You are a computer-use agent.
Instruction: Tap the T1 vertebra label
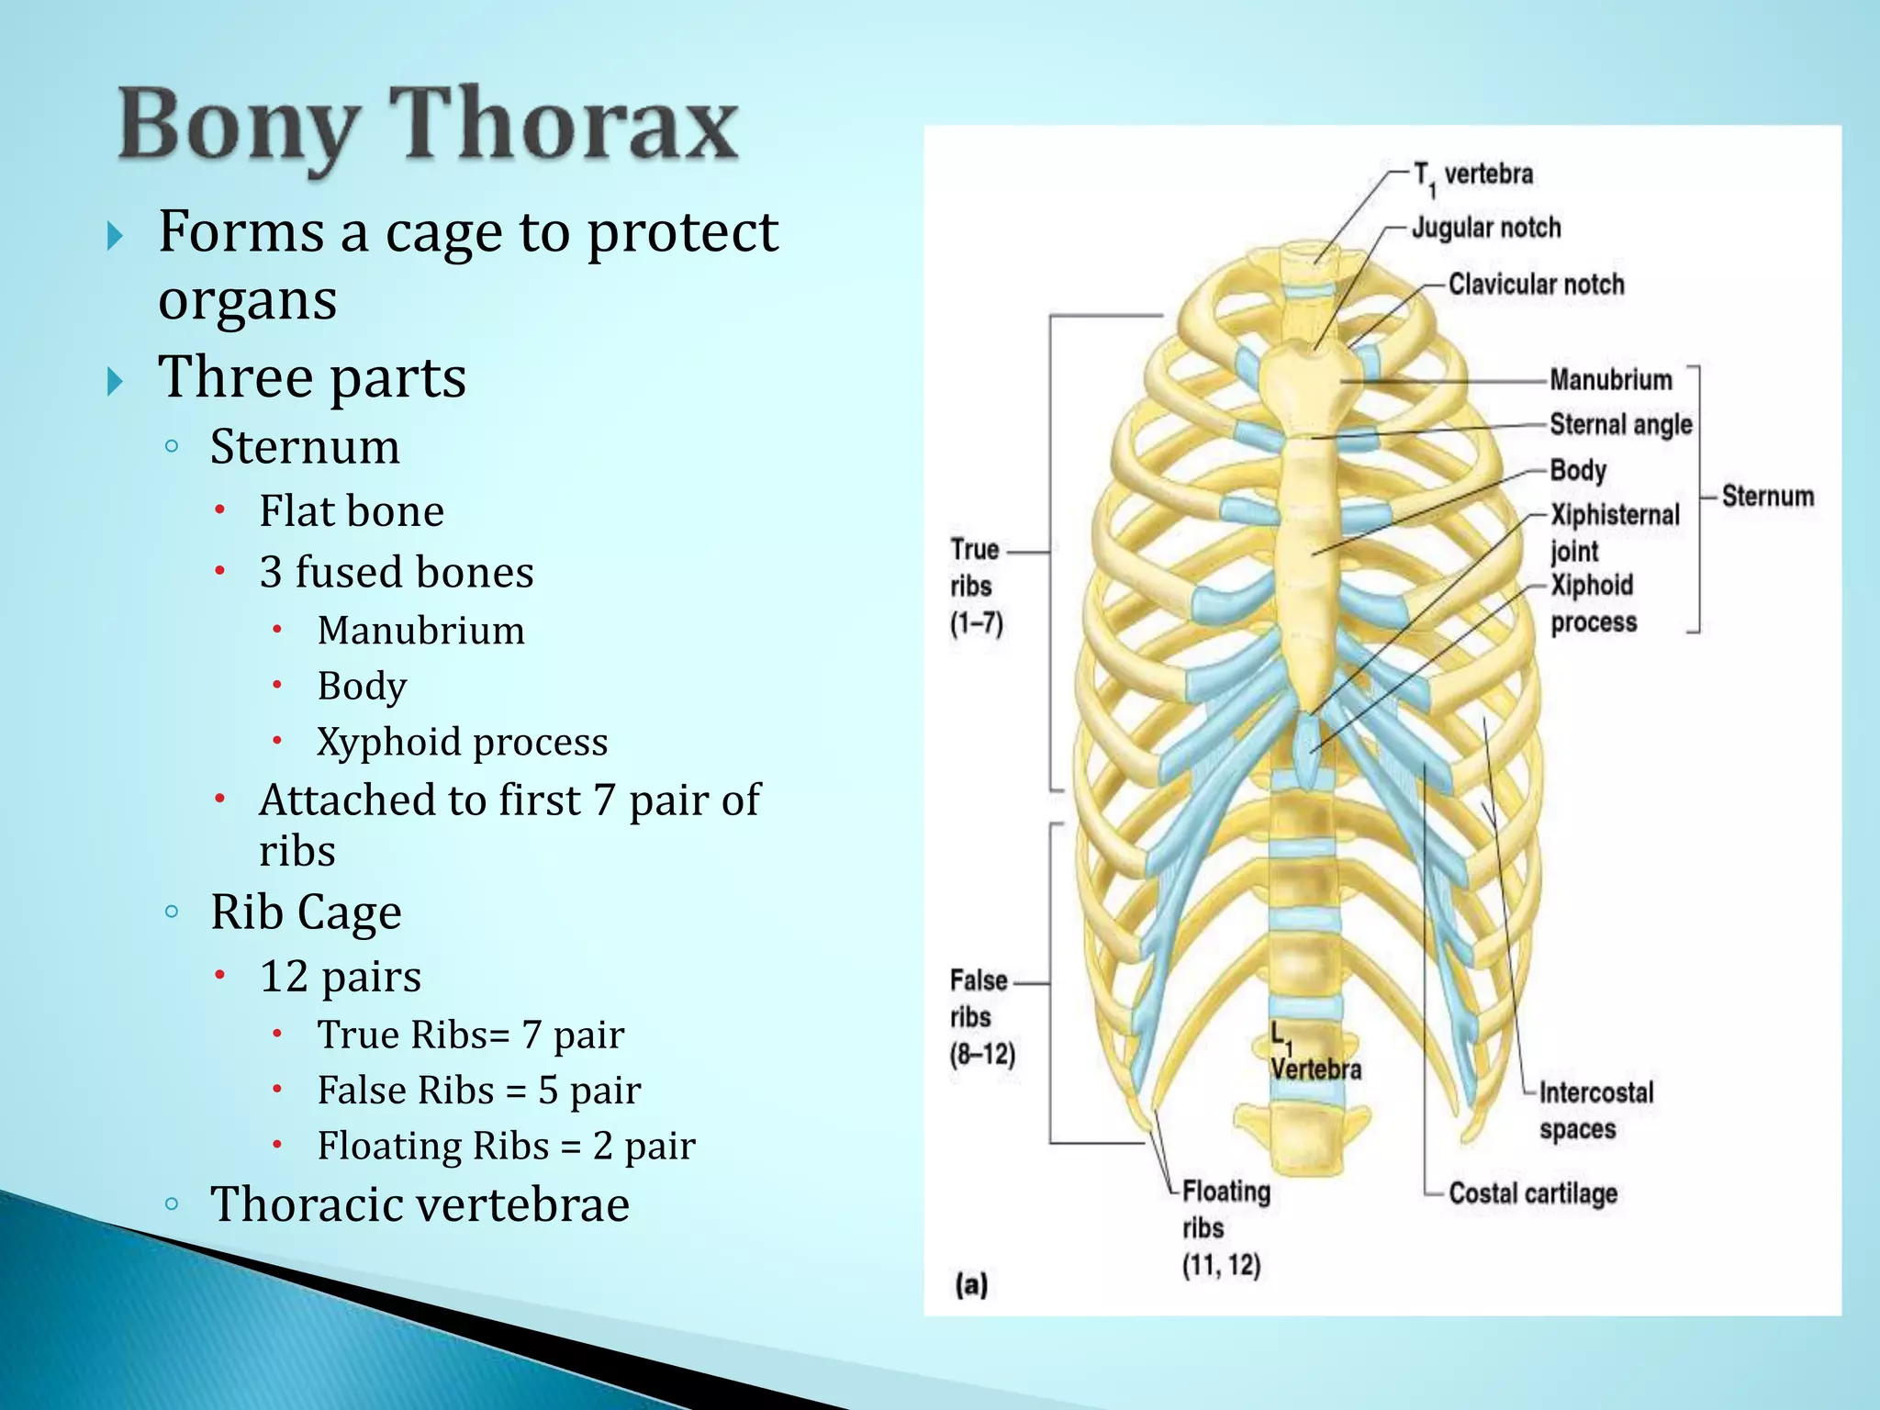(1472, 175)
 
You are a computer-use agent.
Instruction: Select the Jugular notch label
(1485, 228)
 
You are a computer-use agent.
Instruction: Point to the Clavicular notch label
(1536, 285)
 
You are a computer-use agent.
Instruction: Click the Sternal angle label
(1620, 425)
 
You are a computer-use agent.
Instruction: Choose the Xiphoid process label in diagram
(1593, 603)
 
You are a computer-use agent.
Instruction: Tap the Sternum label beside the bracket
(1767, 497)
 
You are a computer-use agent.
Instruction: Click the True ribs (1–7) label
(975, 587)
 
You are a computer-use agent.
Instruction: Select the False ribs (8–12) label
(980, 1017)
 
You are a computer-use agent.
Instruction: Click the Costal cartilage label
(1532, 1193)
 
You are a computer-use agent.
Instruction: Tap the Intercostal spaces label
(1595, 1111)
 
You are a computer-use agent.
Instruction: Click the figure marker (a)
(971, 1284)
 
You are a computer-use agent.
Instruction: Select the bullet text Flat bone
(351, 511)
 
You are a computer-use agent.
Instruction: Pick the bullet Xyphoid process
(462, 742)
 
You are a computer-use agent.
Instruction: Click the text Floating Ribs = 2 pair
(506, 1146)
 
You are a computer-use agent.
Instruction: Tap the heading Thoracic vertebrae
(420, 1204)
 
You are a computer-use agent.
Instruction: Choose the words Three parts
(312, 376)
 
